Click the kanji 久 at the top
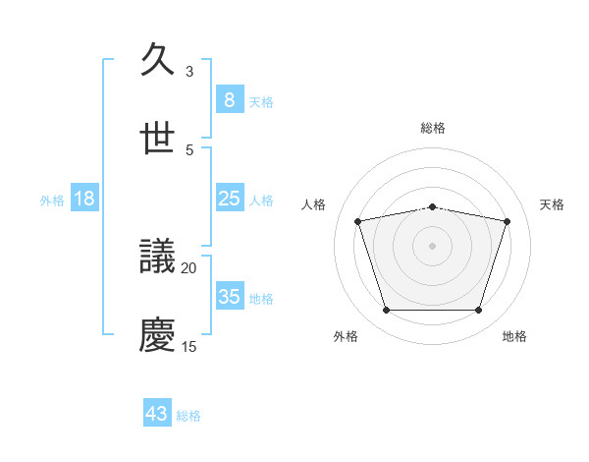pyautogui.click(x=158, y=60)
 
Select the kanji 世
pyautogui.click(x=158, y=139)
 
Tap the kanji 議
pyautogui.click(x=158, y=258)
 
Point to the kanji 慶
pyautogui.click(x=158, y=336)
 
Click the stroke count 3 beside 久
pyautogui.click(x=189, y=71)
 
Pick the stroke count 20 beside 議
pyautogui.click(x=189, y=267)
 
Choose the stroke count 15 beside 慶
pyautogui.click(x=189, y=346)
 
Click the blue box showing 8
pyautogui.click(x=229, y=99)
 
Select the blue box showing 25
pyautogui.click(x=229, y=199)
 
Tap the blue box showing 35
pyautogui.click(x=229, y=297)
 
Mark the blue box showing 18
pyautogui.click(x=84, y=199)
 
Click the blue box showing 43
pyautogui.click(x=157, y=414)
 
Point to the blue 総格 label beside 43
pyautogui.click(x=188, y=416)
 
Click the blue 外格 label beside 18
pyautogui.click(x=52, y=201)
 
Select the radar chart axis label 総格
pyautogui.click(x=433, y=128)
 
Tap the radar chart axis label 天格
pyautogui.click(x=553, y=204)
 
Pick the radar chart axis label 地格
pyautogui.click(x=514, y=336)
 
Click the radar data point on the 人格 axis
pyautogui.click(x=358, y=221)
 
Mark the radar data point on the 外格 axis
pyautogui.click(x=386, y=311)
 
